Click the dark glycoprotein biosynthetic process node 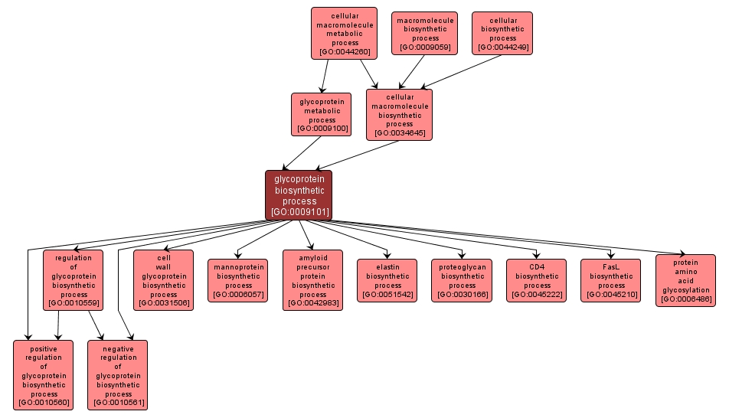(x=299, y=194)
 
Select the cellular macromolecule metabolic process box (x=344, y=33)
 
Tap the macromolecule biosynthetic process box (x=424, y=33)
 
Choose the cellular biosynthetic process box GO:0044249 (x=502, y=33)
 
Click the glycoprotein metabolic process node (x=322, y=114)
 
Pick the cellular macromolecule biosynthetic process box (x=399, y=114)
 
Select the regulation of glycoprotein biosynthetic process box (x=74, y=280)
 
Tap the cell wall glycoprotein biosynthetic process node (x=163, y=280)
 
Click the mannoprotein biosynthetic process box (x=237, y=280)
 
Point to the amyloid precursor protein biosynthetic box (x=312, y=280)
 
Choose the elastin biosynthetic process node (x=387, y=280)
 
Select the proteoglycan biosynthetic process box (x=462, y=280)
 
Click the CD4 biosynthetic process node (x=536, y=280)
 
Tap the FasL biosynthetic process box (x=611, y=280)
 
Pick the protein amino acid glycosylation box (x=685, y=280)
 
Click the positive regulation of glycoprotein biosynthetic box (x=44, y=375)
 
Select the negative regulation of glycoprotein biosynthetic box (x=118, y=375)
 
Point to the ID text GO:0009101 (x=299, y=212)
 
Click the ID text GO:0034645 (x=399, y=132)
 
